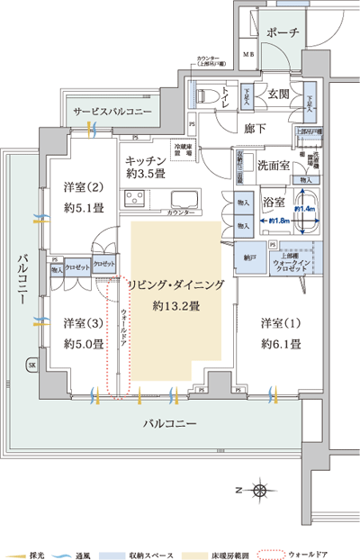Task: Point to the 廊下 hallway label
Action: (x=256, y=128)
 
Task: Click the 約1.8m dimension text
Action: (x=278, y=221)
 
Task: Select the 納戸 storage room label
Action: (x=249, y=257)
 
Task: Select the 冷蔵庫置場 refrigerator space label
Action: (x=185, y=149)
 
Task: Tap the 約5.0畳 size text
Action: (x=81, y=343)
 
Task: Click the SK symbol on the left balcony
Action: (x=31, y=366)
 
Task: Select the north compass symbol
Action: (x=259, y=491)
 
